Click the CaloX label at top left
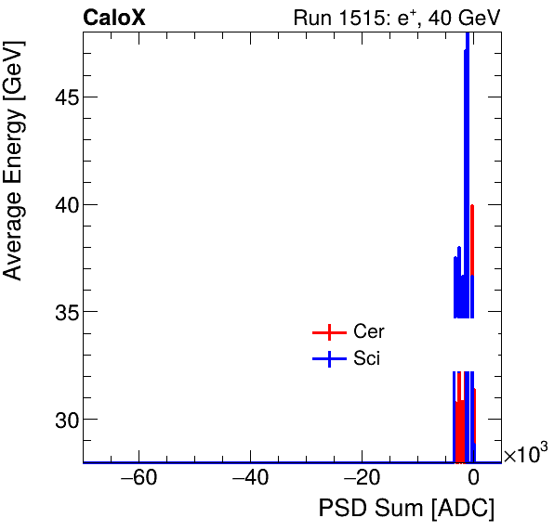(114, 17)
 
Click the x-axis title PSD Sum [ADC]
(406, 509)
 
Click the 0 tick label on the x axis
(473, 479)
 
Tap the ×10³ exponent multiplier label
(525, 454)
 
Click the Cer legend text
(368, 332)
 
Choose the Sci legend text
(366, 359)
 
